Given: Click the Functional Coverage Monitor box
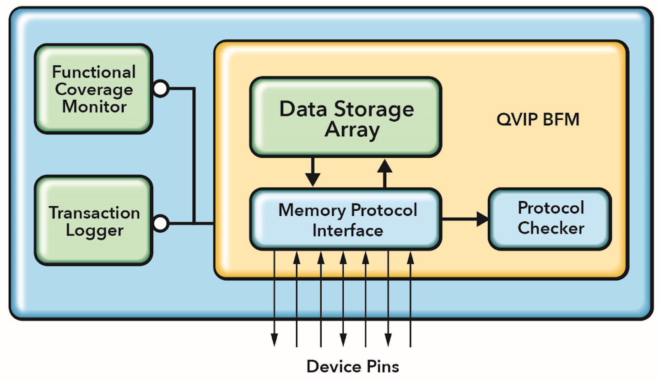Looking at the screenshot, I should [93, 89].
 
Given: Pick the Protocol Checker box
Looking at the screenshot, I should [550, 219].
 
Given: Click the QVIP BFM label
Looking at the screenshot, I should [538, 120].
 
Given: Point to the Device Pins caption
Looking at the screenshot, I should [352, 366].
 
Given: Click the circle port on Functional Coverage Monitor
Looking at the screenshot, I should [161, 89].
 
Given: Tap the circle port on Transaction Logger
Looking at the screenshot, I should [161, 224].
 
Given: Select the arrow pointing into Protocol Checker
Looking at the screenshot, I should [476, 219].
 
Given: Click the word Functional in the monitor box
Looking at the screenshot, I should [93, 72].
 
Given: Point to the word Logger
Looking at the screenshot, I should [94, 230].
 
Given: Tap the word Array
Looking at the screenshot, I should [352, 130].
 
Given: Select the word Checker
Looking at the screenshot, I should [551, 228].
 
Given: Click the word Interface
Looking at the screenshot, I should [347, 230].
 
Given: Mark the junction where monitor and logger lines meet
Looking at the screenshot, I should [194, 224].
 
